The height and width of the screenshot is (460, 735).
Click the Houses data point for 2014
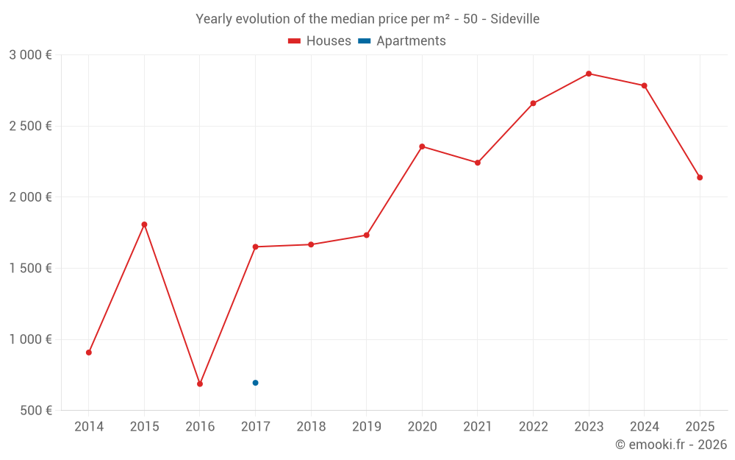[x=89, y=353]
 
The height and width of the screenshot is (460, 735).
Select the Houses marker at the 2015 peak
[x=144, y=224]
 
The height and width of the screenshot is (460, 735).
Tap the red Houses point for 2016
[x=200, y=384]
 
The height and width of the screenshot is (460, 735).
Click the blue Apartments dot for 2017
[x=255, y=383]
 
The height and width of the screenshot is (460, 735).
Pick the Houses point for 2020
[x=422, y=146]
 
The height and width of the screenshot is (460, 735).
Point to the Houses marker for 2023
[x=589, y=74]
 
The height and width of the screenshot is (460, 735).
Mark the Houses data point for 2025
[x=700, y=177]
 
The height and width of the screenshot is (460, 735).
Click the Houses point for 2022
[x=533, y=103]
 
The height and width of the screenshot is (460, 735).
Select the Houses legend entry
[x=320, y=41]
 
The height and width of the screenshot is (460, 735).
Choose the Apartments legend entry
[x=402, y=41]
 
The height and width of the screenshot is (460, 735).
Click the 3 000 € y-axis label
[x=30, y=55]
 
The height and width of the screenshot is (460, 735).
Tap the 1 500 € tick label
[x=30, y=269]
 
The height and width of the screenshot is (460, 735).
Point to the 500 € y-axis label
[x=35, y=411]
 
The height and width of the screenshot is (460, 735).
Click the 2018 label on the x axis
[x=311, y=427]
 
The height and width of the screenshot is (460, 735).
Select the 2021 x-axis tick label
[x=478, y=427]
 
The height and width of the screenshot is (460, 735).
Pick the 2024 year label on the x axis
[x=644, y=427]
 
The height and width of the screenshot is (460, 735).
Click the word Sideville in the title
[x=514, y=19]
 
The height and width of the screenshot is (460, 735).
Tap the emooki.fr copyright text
[x=670, y=445]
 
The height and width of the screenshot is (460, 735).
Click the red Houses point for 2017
[x=255, y=247]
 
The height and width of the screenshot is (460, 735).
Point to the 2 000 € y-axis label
[x=30, y=197]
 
